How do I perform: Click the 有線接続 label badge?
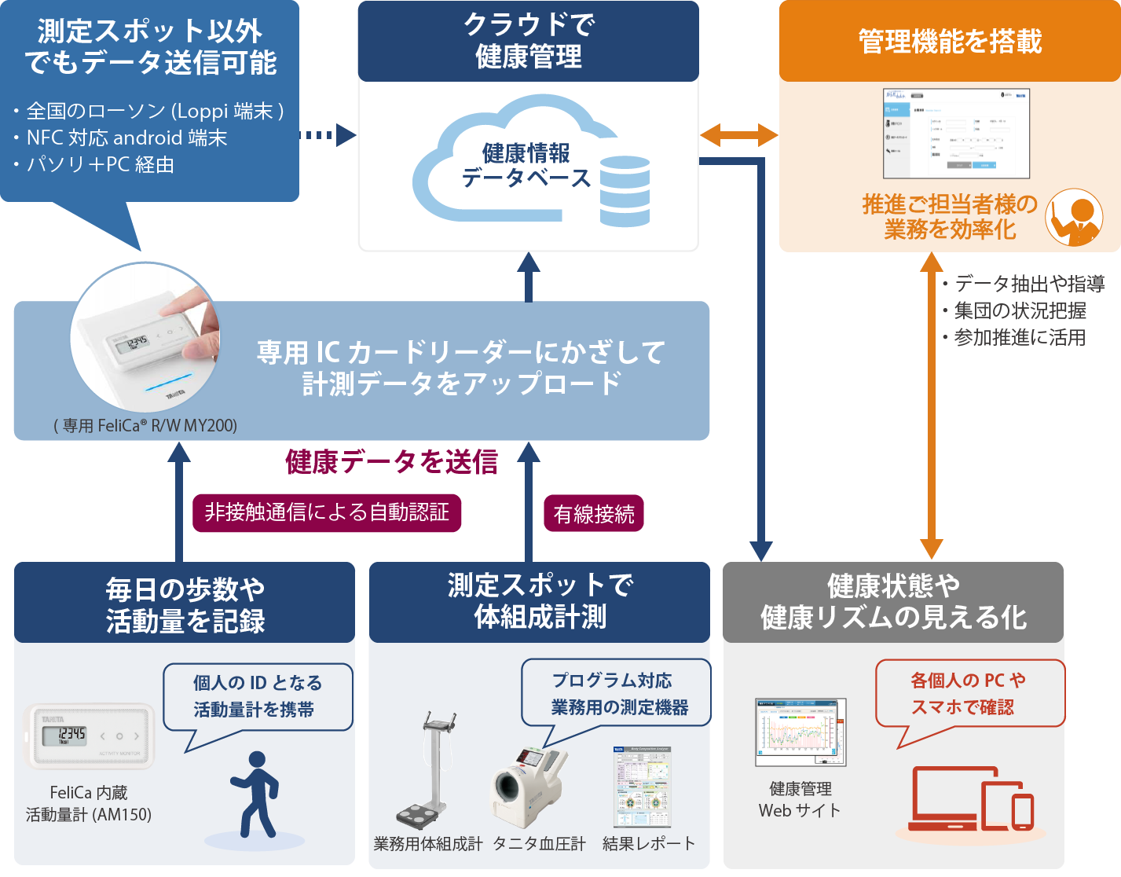(593, 514)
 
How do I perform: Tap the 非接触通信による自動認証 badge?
(327, 512)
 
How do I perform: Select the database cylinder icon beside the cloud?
(625, 191)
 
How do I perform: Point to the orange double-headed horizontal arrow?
(738, 135)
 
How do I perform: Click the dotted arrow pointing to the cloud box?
(328, 135)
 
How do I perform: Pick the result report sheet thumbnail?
(643, 786)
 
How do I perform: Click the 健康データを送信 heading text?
(391, 462)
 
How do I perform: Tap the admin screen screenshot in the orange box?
(956, 133)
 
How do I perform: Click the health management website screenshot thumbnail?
(800, 732)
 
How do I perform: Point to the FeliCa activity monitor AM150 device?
(90, 736)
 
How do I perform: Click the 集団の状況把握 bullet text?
(1019, 310)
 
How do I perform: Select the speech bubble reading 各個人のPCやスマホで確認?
(969, 694)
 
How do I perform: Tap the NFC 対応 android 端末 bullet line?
(126, 138)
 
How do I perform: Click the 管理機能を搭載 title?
(950, 41)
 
